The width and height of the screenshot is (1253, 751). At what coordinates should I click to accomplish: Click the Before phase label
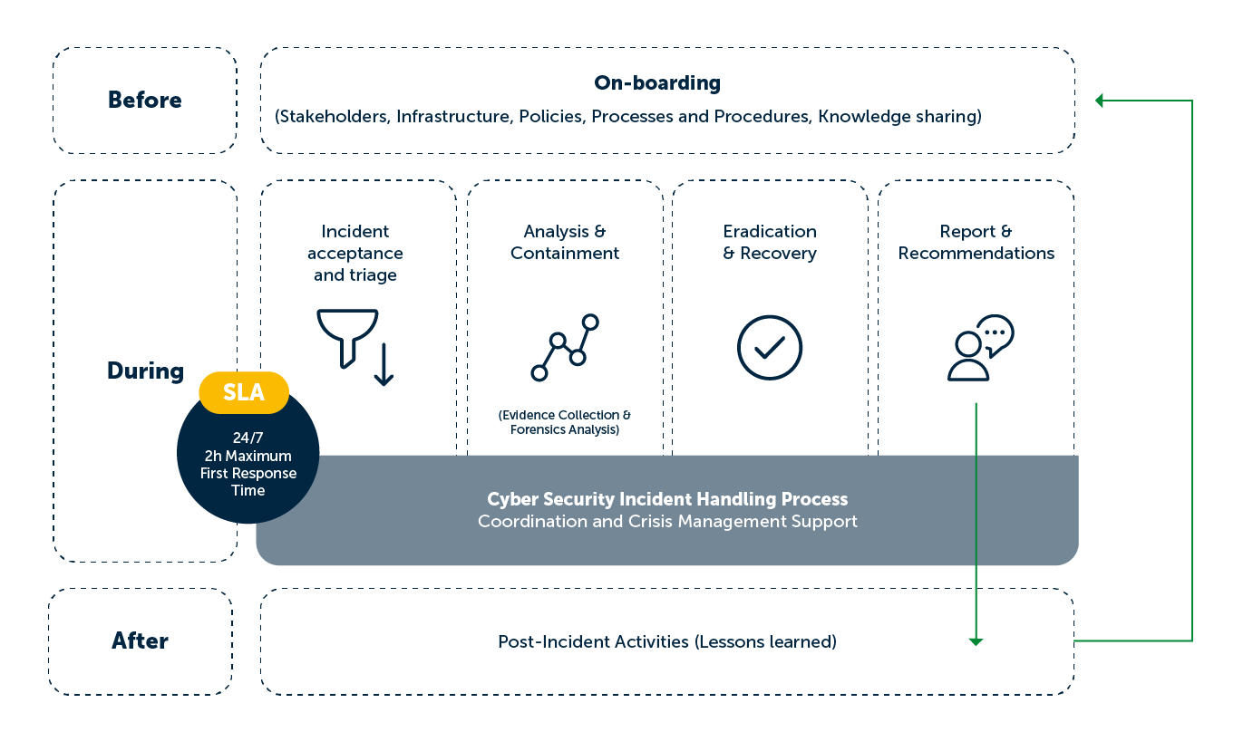(145, 100)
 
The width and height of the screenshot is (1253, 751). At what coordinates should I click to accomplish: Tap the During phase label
(145, 371)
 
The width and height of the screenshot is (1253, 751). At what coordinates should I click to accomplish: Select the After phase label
(140, 640)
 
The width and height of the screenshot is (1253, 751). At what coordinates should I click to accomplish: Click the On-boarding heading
(657, 82)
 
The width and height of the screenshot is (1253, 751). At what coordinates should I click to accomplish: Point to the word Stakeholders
(333, 116)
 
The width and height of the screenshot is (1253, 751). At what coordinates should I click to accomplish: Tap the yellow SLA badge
(244, 392)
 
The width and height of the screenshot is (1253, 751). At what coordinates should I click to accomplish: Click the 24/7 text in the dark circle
(248, 438)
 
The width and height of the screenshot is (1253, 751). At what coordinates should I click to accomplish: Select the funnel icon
(347, 339)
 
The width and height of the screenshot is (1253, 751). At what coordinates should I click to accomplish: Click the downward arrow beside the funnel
(384, 364)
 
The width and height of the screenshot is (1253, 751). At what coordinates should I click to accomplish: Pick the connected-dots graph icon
(565, 348)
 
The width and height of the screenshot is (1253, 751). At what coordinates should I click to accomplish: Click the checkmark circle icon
(770, 348)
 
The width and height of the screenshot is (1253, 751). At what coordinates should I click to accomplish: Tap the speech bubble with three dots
(996, 334)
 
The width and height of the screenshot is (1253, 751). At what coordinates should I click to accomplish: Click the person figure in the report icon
(967, 357)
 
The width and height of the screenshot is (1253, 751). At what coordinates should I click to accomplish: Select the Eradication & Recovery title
(770, 242)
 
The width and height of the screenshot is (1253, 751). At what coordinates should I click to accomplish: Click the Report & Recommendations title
(976, 242)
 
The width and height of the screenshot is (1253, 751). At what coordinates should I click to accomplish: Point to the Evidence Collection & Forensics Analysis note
(565, 422)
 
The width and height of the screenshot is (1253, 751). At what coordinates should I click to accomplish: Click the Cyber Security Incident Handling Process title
(667, 499)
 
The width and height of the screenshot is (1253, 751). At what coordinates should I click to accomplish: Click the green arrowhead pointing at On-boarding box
(1099, 101)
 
